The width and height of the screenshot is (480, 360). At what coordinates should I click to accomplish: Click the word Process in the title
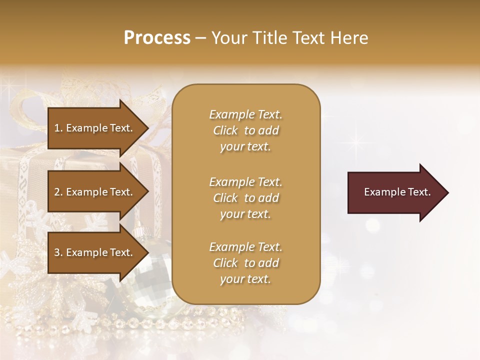[157, 38]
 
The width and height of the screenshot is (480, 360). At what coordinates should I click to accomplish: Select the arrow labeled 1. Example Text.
[95, 128]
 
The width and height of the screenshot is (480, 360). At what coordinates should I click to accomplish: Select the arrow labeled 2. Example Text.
[95, 192]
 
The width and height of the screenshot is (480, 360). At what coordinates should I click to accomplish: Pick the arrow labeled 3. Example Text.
[95, 252]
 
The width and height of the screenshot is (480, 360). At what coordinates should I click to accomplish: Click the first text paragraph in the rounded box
[245, 130]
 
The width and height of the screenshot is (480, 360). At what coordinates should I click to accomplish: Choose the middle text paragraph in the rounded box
[245, 198]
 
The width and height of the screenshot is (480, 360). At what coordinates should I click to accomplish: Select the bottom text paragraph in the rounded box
[245, 263]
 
